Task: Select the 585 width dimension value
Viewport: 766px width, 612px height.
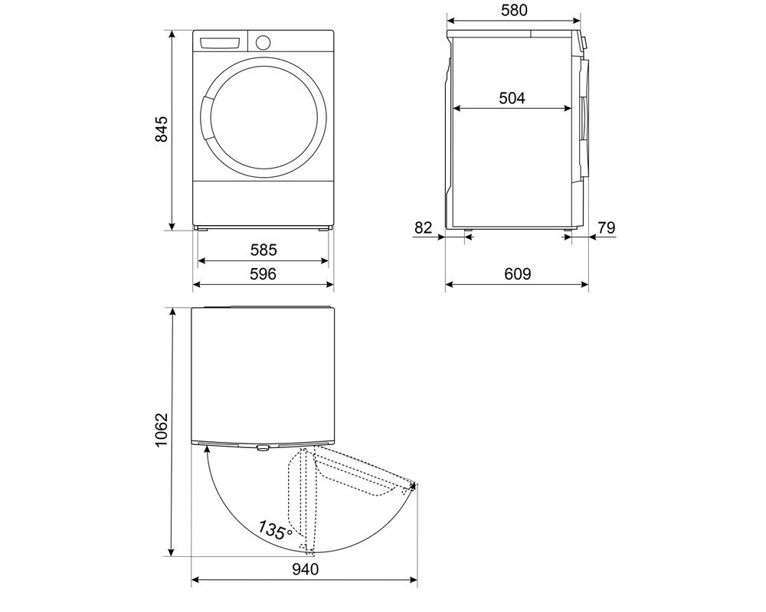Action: pyautogui.click(x=263, y=250)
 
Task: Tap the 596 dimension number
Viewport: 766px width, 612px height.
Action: pyautogui.click(x=263, y=273)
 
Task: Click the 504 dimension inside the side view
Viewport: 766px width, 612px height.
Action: pyautogui.click(x=512, y=98)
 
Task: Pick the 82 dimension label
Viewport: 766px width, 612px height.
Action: pyautogui.click(x=423, y=227)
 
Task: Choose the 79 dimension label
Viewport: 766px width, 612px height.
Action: pyautogui.click(x=606, y=227)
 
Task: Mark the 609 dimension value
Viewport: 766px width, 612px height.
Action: pyautogui.click(x=518, y=273)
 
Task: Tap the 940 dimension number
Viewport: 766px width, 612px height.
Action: pyautogui.click(x=304, y=569)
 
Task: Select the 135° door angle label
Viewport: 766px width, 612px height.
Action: pyautogui.click(x=273, y=530)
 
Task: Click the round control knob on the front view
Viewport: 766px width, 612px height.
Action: pyautogui.click(x=263, y=41)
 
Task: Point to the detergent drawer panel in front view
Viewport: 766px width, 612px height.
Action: pyautogui.click(x=221, y=42)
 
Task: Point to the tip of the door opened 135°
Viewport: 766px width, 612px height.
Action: pyautogui.click(x=414, y=485)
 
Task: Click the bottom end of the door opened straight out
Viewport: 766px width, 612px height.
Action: pyautogui.click(x=309, y=551)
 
